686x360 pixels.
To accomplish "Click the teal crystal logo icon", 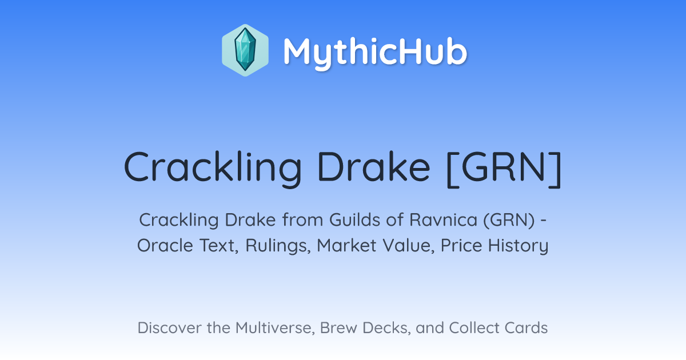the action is coord(245,50).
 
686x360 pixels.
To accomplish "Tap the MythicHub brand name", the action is coord(376,53).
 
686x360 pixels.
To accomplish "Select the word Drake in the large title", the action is coord(374,166).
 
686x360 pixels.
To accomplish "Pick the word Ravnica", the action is coord(443,220).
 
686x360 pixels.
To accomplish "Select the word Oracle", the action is coord(165,246).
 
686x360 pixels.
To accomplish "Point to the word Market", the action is coord(346,246).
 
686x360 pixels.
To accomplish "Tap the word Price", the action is coord(461,246).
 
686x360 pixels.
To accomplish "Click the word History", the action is coord(518,246).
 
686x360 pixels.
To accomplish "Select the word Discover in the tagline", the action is coord(169,327).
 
